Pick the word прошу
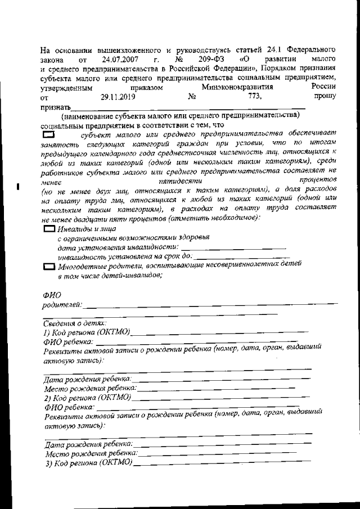325,97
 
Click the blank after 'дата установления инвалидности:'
233,247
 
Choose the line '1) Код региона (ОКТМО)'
87,332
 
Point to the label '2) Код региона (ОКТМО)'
88,397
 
